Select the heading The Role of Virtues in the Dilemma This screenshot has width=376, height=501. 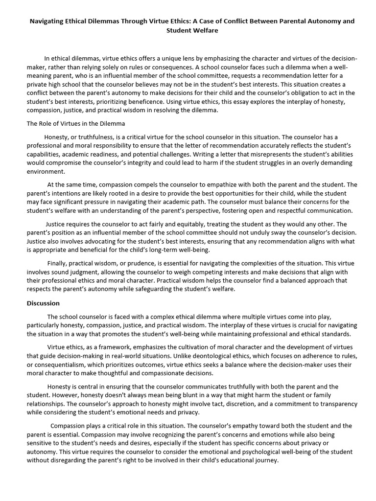pos(76,124)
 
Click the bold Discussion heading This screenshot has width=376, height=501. pos(43,303)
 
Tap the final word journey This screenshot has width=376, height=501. pos(265,460)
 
